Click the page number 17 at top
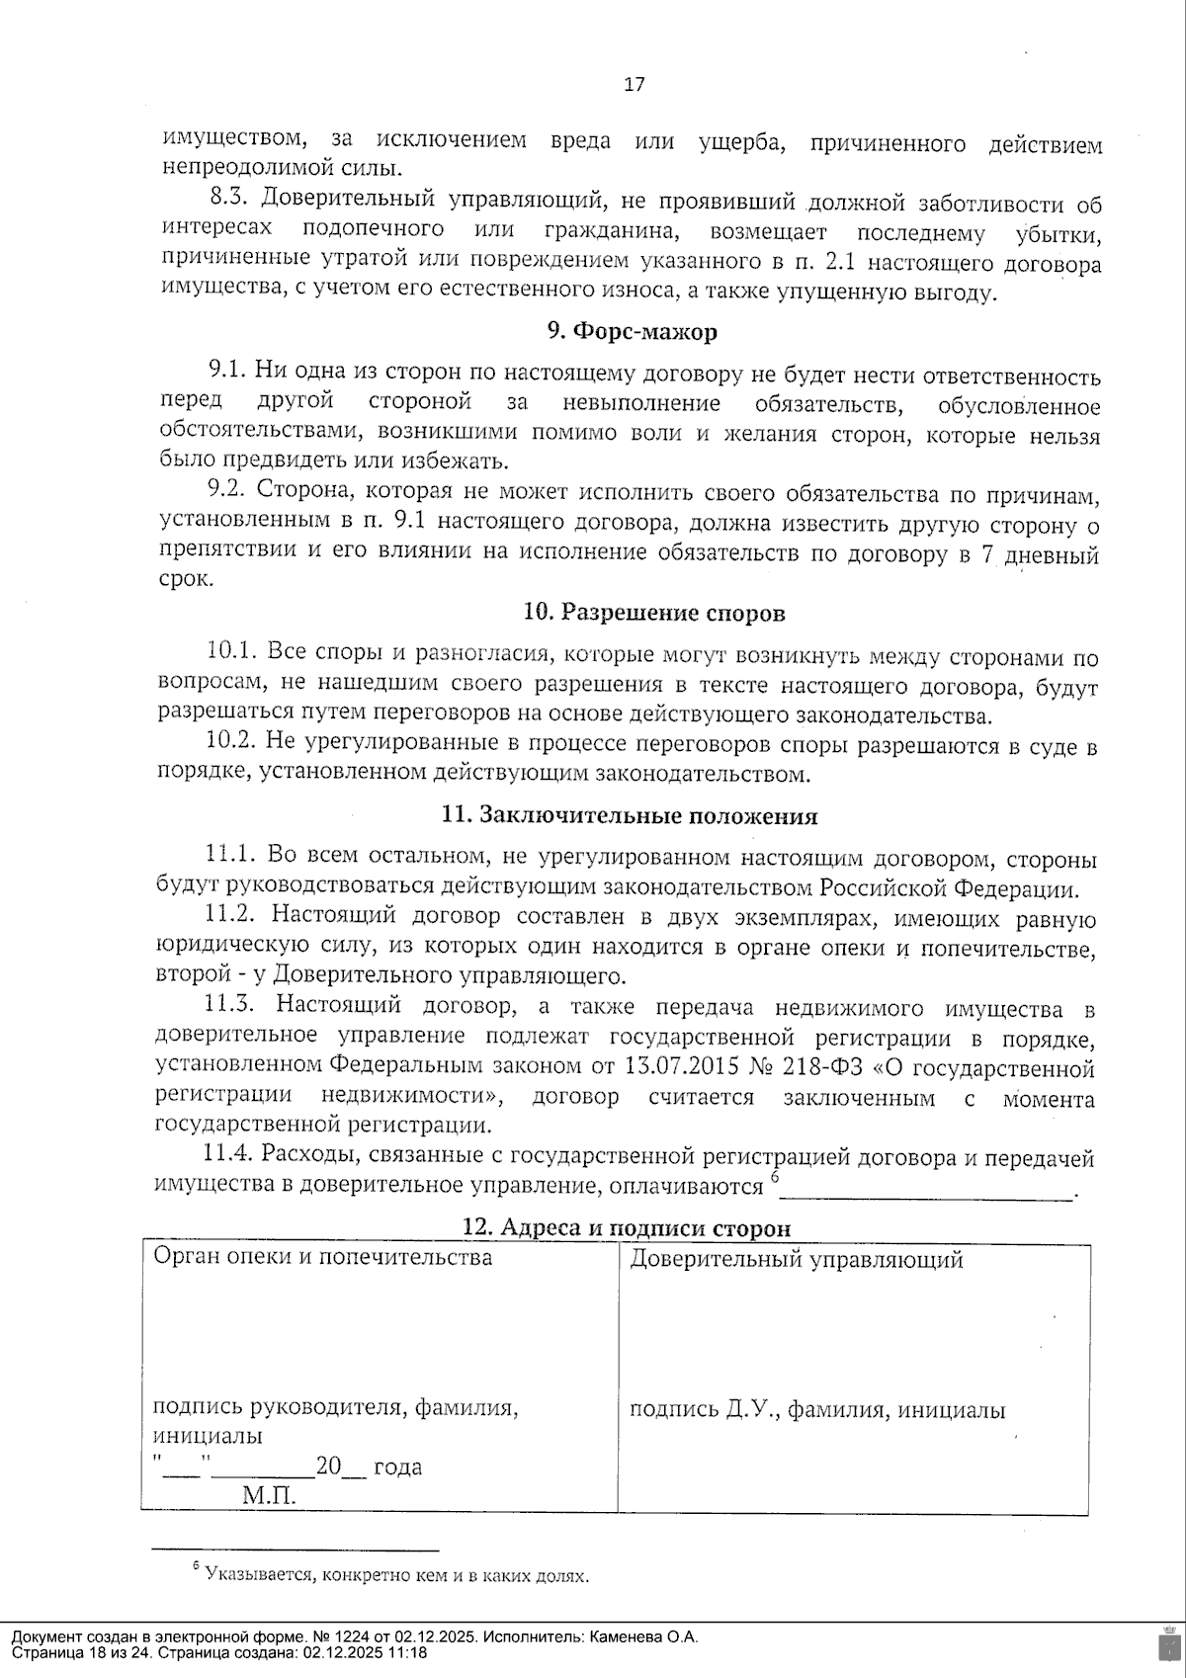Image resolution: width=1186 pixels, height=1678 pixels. [635, 85]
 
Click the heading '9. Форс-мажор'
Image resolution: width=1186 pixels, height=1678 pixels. [633, 332]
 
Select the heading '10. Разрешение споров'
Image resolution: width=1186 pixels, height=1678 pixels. [653, 613]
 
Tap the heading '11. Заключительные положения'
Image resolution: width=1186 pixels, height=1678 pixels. [630, 816]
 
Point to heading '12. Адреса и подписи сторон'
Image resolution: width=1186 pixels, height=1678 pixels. [627, 1228]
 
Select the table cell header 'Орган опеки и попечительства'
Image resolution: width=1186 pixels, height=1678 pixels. [322, 1258]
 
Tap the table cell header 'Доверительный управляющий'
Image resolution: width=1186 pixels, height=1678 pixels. [797, 1260]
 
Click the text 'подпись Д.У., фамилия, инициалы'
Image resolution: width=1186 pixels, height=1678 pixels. [817, 1410]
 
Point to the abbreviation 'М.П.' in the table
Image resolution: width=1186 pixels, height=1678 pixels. [269, 1497]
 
